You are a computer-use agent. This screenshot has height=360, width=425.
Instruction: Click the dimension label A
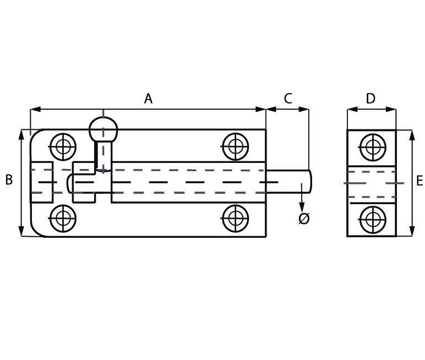(148, 99)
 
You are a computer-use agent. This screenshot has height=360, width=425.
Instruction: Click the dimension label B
(9, 179)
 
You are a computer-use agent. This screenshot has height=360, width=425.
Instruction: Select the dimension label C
(287, 99)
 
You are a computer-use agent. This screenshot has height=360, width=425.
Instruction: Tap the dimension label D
(370, 99)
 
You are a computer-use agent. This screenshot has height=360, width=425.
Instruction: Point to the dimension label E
(419, 181)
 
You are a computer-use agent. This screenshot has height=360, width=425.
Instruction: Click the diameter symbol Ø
(303, 219)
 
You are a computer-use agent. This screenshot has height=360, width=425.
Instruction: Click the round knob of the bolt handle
(103, 130)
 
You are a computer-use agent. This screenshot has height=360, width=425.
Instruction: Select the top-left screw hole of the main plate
(63, 146)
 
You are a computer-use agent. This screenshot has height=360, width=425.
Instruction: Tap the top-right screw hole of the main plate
(236, 146)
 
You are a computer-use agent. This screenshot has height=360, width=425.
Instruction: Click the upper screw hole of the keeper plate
(372, 146)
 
